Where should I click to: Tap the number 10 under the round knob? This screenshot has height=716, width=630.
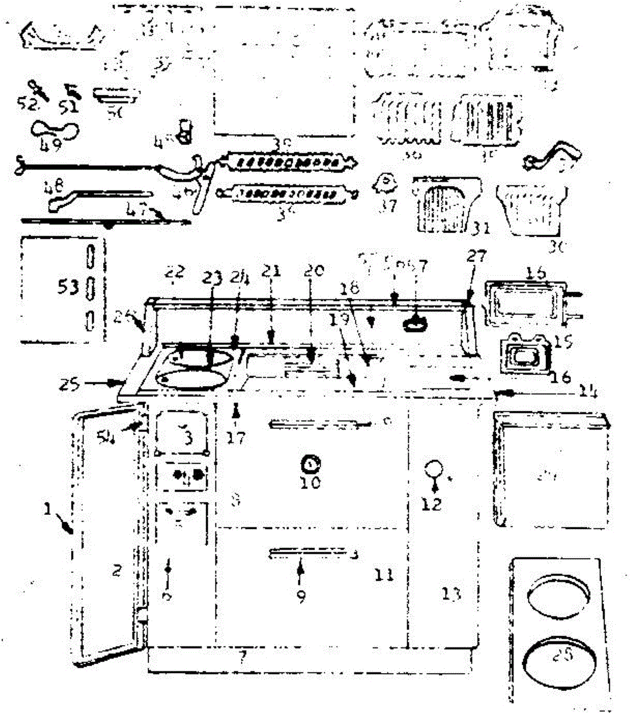click(x=310, y=482)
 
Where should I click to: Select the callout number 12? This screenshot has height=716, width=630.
click(x=431, y=504)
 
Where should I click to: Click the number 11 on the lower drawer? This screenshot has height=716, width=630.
click(x=384, y=575)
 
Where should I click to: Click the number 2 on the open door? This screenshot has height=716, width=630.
click(x=117, y=571)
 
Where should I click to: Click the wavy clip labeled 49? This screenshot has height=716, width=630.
click(x=54, y=128)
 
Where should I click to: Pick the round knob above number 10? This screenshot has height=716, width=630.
click(x=310, y=462)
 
